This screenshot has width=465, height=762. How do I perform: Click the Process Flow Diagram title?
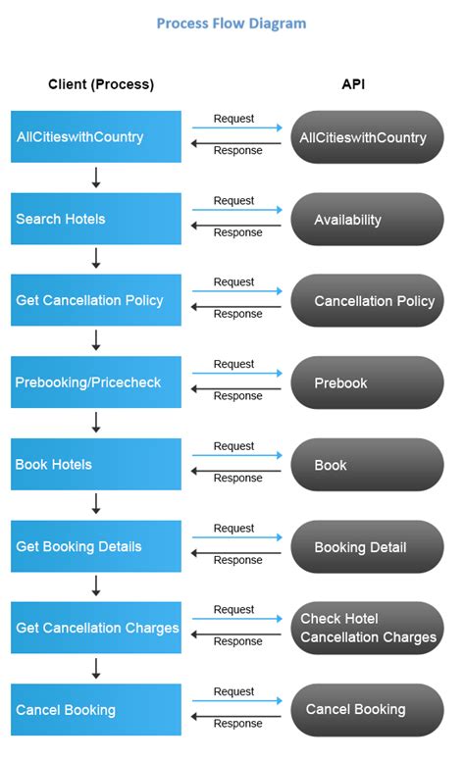[232, 24]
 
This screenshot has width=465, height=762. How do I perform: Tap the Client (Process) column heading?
[101, 84]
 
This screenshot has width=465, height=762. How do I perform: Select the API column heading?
[353, 84]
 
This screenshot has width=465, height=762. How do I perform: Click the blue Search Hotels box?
[96, 219]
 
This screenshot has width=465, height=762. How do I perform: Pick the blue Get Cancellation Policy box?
[96, 300]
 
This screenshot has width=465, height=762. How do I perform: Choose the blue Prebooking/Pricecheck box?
[96, 382]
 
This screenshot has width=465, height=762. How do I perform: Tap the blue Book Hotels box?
[96, 464]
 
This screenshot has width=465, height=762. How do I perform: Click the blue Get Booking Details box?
[96, 546]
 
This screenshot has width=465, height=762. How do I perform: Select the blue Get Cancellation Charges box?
[96, 628]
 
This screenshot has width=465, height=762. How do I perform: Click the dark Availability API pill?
[367, 219]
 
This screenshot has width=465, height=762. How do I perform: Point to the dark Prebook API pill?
[367, 382]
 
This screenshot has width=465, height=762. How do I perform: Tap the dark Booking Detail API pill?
[367, 546]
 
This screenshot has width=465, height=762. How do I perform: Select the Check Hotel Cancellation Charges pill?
[367, 628]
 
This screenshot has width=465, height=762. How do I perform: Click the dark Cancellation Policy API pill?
[367, 300]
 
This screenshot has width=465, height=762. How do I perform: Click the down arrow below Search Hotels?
[96, 258]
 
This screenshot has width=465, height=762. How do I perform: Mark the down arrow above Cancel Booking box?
[96, 668]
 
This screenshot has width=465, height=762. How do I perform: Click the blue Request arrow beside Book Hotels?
[235, 455]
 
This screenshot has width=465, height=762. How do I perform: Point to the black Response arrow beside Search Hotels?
[235, 225]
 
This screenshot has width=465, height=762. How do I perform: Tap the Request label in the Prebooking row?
[233, 364]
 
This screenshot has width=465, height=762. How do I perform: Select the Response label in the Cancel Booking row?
[237, 724]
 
